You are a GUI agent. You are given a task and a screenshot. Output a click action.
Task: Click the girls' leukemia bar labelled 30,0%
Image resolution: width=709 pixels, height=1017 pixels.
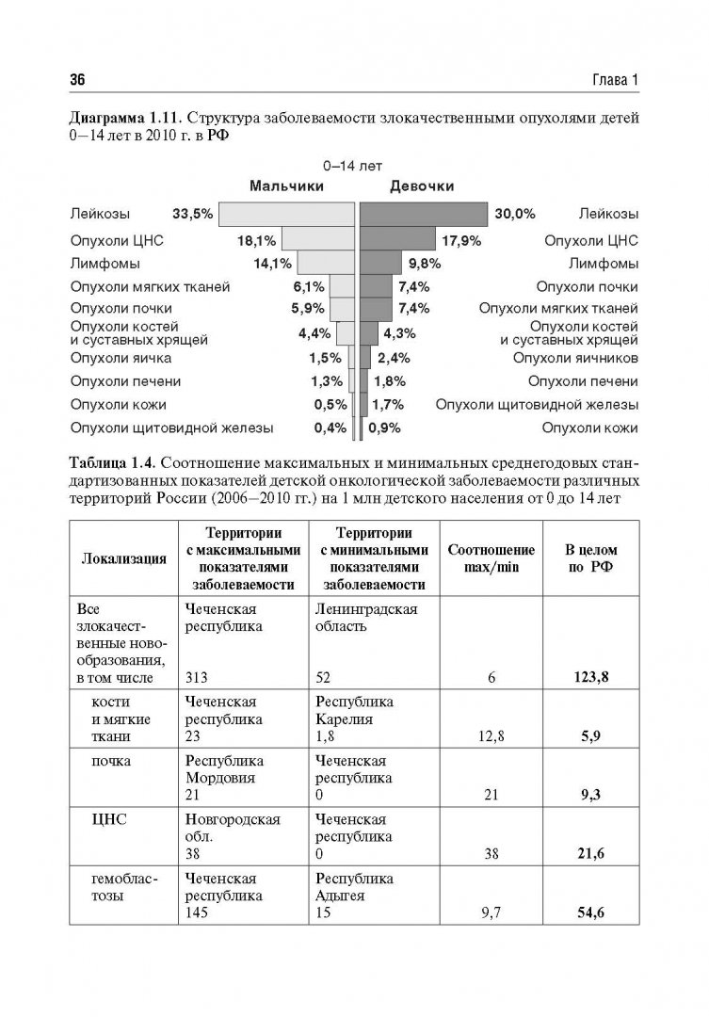click(x=425, y=214)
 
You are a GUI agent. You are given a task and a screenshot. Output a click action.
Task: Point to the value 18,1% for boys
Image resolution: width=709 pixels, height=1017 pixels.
click(x=257, y=240)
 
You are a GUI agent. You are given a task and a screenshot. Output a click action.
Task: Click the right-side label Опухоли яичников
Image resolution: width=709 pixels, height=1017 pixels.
click(x=575, y=358)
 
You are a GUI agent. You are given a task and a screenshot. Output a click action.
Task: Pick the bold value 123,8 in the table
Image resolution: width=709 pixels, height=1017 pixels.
click(x=589, y=676)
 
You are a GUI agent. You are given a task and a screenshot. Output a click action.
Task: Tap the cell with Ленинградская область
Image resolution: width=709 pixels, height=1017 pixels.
click(x=365, y=618)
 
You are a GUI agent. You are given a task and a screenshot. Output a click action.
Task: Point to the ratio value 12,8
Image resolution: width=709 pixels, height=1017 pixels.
click(x=491, y=736)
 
